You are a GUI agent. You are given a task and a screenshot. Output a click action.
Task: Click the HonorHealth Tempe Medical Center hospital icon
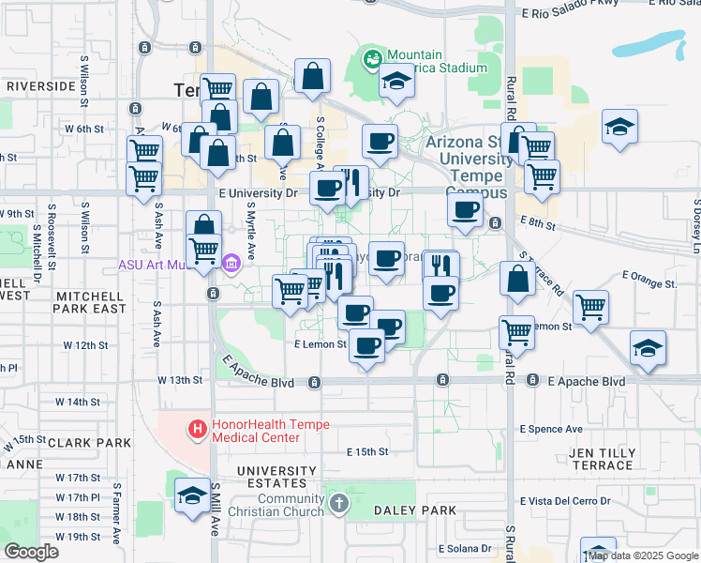click(198, 431)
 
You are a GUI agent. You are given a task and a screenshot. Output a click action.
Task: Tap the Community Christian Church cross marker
click(338, 505)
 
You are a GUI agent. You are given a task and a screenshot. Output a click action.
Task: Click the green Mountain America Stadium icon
click(372, 61)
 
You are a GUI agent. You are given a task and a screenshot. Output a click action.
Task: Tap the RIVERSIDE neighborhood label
click(40, 85)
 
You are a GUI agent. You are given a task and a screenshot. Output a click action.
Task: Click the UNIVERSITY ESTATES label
click(276, 478)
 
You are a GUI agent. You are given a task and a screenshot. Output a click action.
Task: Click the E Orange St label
click(649, 281)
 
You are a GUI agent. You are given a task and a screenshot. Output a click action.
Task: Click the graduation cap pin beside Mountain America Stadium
click(396, 84)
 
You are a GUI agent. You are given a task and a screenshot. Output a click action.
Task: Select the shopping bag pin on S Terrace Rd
click(518, 279)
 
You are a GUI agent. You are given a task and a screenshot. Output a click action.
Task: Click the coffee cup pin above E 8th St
click(466, 210)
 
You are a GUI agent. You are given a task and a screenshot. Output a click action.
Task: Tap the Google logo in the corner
click(31, 551)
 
